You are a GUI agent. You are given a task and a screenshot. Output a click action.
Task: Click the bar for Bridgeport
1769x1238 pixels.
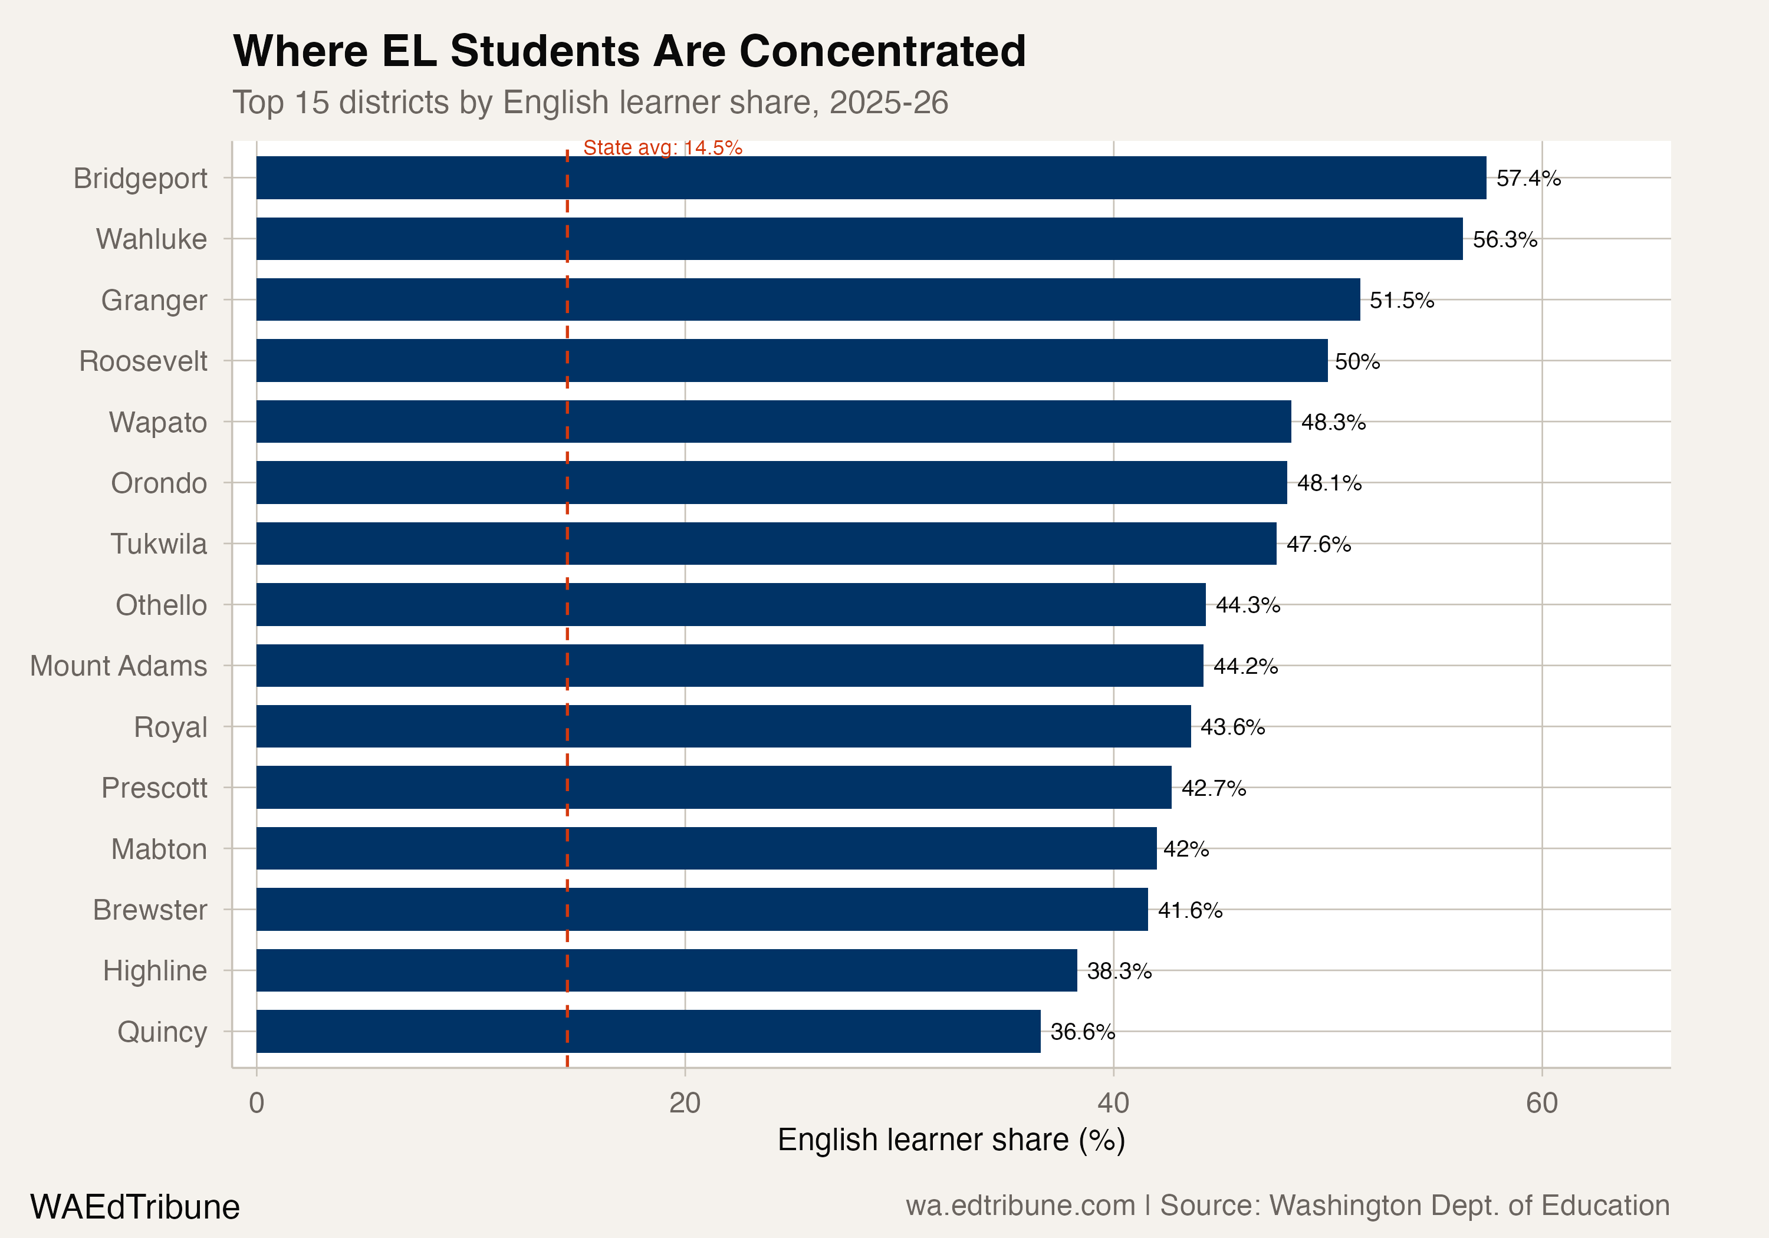click(x=870, y=178)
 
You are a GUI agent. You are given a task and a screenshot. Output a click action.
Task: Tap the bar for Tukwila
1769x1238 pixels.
click(x=766, y=544)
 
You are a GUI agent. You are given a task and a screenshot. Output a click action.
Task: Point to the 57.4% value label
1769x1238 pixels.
click(x=1528, y=179)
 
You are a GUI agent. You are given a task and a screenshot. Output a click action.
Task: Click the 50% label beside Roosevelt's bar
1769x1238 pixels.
click(x=1357, y=361)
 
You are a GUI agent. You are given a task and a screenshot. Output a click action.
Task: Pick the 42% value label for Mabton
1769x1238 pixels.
click(x=1186, y=849)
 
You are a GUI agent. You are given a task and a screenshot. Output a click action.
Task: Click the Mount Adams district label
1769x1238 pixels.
click(x=119, y=666)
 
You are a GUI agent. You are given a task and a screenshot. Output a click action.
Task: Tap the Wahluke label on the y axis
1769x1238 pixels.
click(x=151, y=239)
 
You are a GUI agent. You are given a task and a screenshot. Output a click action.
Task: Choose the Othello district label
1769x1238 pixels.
click(x=161, y=605)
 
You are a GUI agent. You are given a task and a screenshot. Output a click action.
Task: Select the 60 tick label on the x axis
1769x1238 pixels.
click(x=1542, y=1103)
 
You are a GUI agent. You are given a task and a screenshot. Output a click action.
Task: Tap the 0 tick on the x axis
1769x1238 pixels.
click(x=257, y=1103)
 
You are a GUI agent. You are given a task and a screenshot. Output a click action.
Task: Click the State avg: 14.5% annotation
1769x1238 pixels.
click(x=663, y=147)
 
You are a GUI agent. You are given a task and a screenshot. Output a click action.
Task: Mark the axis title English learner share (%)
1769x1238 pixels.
click(x=951, y=1140)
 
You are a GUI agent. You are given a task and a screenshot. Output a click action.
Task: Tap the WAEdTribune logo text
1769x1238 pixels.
click(x=135, y=1206)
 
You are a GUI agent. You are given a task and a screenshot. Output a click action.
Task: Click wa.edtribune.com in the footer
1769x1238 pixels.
click(x=1020, y=1206)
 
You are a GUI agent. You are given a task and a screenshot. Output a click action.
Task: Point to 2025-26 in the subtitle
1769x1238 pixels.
click(x=889, y=103)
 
